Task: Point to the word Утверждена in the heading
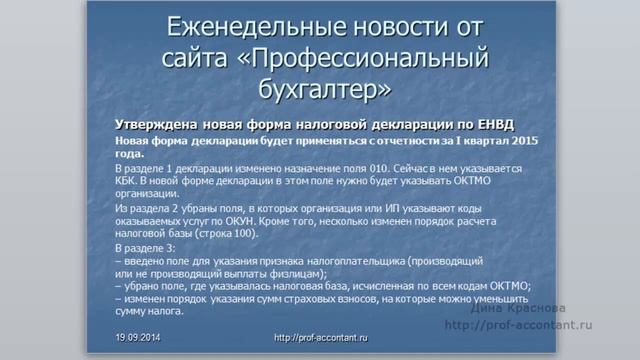[157, 125]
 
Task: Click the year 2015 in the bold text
[523, 141]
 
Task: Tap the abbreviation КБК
[127, 186]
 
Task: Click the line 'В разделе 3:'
[146, 246]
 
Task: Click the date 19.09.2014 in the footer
[138, 339]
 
